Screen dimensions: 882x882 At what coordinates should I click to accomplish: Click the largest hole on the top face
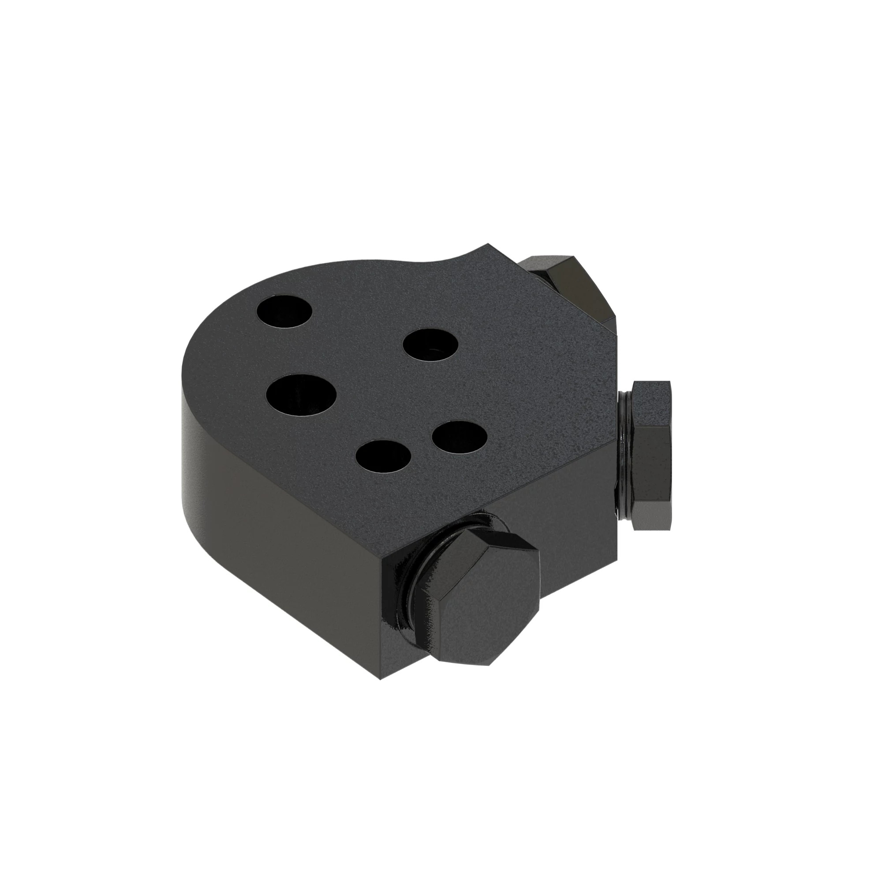[x=302, y=394]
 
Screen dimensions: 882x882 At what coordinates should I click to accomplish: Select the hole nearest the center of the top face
[x=430, y=346]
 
